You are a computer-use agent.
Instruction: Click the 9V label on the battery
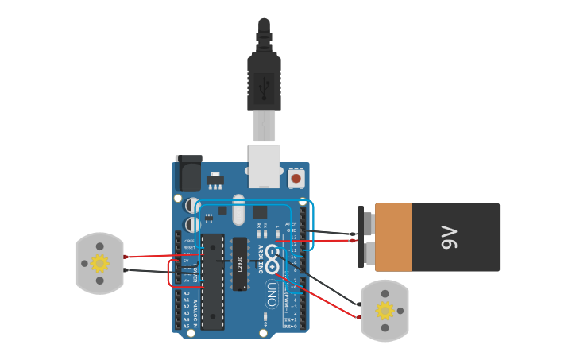click(x=449, y=237)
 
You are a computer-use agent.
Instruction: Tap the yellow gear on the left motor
click(x=99, y=263)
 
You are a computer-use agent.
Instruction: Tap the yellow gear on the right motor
click(x=385, y=311)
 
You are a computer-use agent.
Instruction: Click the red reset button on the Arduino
click(x=296, y=179)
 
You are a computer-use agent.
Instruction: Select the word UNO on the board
click(x=271, y=289)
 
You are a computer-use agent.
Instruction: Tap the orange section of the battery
click(x=393, y=237)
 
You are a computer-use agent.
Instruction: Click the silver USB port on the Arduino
click(x=264, y=165)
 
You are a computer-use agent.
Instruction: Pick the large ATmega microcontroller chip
click(x=211, y=282)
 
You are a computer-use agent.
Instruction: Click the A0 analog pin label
click(x=186, y=293)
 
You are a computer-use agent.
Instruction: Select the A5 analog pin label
click(x=186, y=325)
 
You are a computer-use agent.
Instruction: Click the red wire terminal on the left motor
click(x=126, y=257)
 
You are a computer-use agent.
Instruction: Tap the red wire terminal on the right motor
click(x=359, y=317)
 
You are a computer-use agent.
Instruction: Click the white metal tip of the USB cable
click(x=264, y=126)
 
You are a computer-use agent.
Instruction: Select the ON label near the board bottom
click(x=264, y=324)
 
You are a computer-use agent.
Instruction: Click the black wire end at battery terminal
click(x=354, y=234)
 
